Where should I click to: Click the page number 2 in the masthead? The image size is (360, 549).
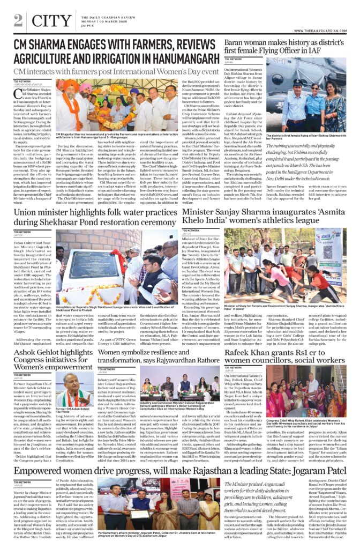point(19,20)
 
